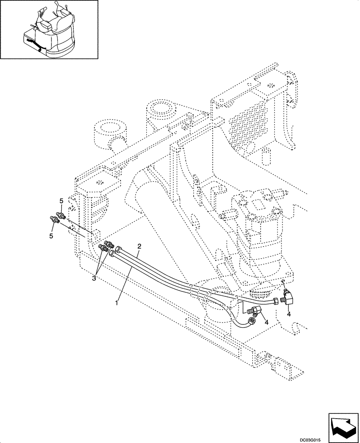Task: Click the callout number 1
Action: pyautogui.click(x=117, y=303)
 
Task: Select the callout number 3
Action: pyautogui.click(x=94, y=278)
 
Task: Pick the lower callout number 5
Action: pyautogui.click(x=51, y=236)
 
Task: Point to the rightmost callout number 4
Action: pyautogui.click(x=289, y=314)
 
